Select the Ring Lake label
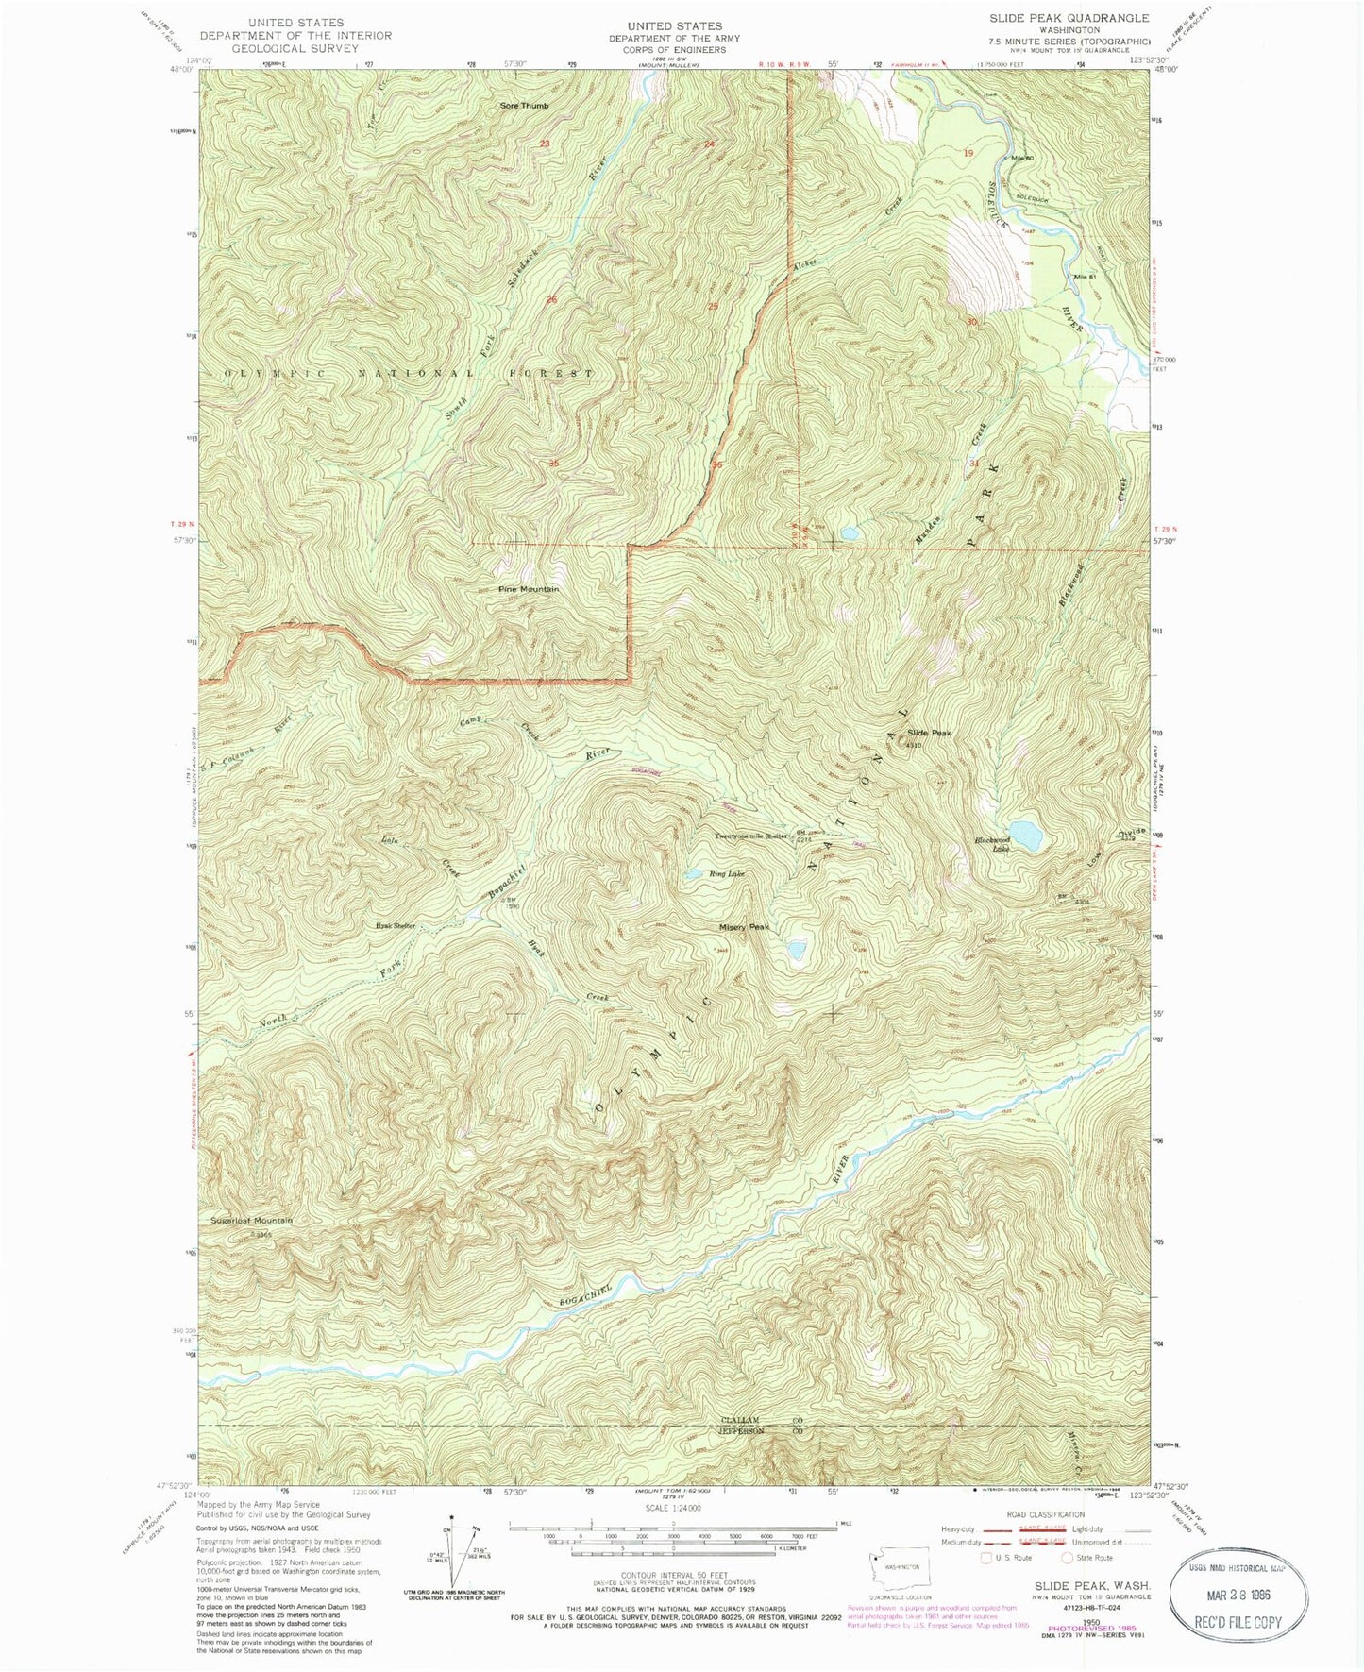click(727, 874)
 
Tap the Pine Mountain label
click(529, 589)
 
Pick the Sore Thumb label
click(524, 106)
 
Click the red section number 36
click(717, 464)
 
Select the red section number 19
click(968, 152)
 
